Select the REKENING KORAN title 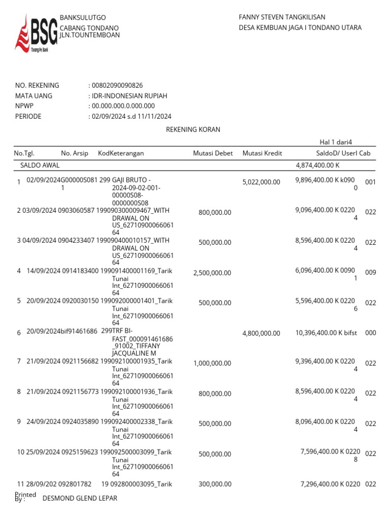coord(193,129)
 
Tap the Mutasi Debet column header coord(213,153)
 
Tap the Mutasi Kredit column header coord(262,153)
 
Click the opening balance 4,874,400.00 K coord(317,166)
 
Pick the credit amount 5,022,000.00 coord(261,182)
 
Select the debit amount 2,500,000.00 coord(212,273)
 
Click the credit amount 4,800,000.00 coord(261,334)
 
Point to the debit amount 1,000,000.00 coord(212,364)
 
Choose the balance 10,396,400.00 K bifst coord(326,333)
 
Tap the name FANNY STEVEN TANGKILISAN coord(282,17)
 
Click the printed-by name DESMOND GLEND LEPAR coord(80,498)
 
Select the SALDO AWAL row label coord(40,166)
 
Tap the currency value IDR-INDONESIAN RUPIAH coord(129,95)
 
